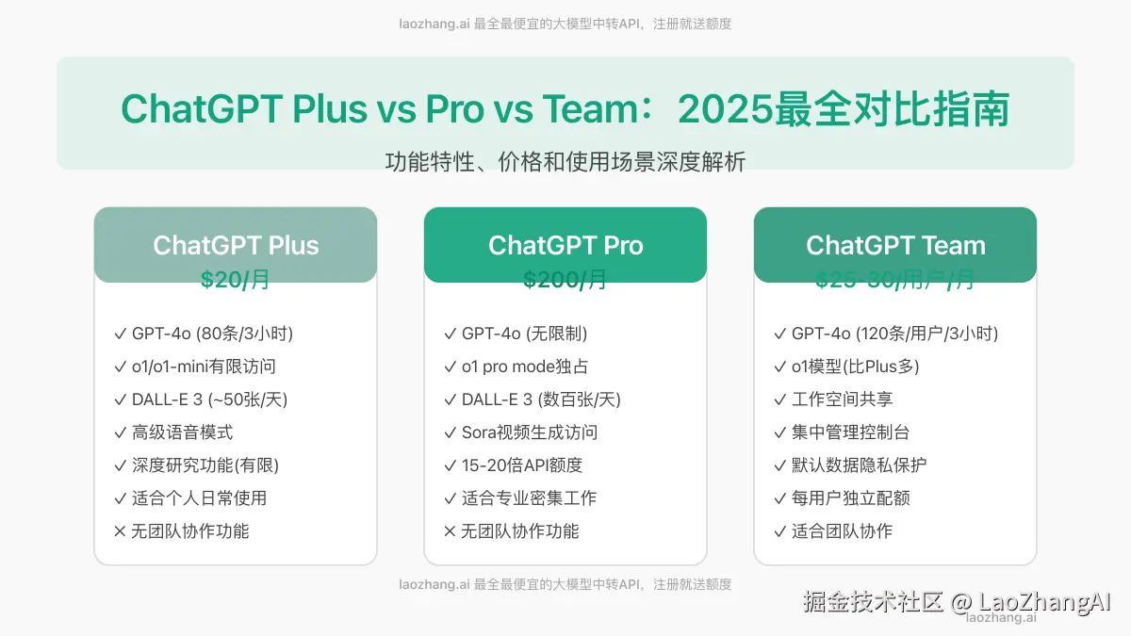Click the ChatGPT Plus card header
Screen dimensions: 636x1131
click(236, 245)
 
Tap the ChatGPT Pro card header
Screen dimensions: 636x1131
click(565, 245)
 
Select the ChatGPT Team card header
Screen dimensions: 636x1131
click(895, 245)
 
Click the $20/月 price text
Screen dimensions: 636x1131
click(236, 280)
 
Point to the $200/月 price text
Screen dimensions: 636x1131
click(565, 280)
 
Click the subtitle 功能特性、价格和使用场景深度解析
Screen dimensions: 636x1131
click(565, 162)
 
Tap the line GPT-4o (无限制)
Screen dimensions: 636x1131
click(524, 334)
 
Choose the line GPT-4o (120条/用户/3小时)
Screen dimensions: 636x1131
click(894, 334)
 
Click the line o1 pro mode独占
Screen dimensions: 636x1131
click(524, 367)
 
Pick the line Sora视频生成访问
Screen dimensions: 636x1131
click(529, 432)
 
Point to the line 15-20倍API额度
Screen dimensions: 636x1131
click(521, 465)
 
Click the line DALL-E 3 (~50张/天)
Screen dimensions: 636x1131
click(209, 400)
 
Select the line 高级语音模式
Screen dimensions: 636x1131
click(182, 432)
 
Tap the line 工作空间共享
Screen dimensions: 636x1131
click(842, 400)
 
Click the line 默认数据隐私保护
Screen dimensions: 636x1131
click(859, 465)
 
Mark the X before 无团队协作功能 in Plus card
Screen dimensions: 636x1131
click(120, 531)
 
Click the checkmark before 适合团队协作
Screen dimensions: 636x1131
click(780, 531)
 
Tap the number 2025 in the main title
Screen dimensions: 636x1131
click(724, 109)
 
